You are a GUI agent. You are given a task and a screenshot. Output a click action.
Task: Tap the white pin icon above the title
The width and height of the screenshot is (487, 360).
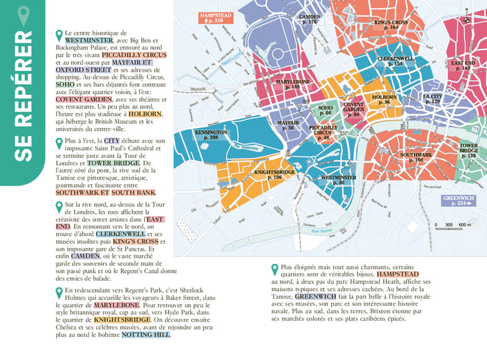(x=23, y=16)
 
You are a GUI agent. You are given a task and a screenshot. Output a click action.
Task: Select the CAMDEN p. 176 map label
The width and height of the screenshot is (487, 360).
(x=309, y=19)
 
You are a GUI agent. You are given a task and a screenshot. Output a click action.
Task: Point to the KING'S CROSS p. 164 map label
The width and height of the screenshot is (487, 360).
(x=390, y=25)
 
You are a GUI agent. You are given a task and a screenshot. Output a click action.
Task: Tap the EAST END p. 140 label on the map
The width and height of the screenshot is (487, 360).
(x=463, y=65)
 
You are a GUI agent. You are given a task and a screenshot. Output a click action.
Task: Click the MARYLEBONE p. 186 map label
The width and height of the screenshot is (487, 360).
(x=292, y=84)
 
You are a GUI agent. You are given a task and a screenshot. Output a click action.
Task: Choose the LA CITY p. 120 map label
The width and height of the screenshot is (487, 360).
(x=432, y=99)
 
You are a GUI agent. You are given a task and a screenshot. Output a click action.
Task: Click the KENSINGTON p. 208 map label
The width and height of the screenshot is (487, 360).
(x=211, y=135)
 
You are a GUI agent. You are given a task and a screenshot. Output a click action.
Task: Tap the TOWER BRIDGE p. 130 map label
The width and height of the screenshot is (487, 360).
(x=468, y=151)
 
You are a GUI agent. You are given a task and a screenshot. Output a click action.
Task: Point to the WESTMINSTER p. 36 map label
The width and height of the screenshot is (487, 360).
(x=339, y=180)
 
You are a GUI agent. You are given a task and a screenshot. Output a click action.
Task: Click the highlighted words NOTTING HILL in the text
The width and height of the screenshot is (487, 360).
(x=145, y=334)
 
